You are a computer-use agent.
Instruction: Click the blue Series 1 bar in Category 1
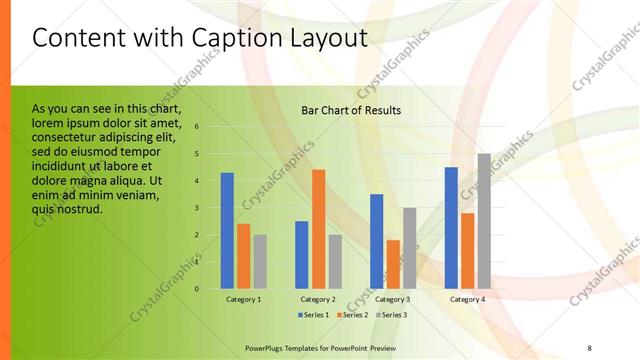pyautogui.click(x=227, y=231)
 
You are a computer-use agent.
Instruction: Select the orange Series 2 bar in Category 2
pyautogui.click(x=318, y=229)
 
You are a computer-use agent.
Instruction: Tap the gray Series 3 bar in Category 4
pyautogui.click(x=484, y=221)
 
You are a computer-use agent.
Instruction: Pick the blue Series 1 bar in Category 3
pyautogui.click(x=376, y=241)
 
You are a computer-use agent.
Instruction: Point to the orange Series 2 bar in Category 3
pyautogui.click(x=392, y=264)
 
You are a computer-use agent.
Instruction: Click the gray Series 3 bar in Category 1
pyautogui.click(x=260, y=261)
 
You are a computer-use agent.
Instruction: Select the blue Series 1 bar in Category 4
pyautogui.click(x=451, y=228)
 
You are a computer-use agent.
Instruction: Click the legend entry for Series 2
pyautogui.click(x=353, y=314)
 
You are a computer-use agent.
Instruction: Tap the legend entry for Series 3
pyautogui.click(x=389, y=314)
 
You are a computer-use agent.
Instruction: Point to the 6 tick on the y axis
pyautogui.click(x=198, y=127)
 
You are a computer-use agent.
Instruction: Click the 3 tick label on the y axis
pyautogui.click(x=198, y=208)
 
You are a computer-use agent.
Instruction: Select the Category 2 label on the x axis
pyautogui.click(x=318, y=299)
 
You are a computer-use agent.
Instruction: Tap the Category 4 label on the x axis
pyautogui.click(x=467, y=299)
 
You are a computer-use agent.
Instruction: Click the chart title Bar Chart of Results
pyautogui.click(x=351, y=110)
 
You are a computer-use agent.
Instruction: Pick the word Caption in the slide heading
pyautogui.click(x=222, y=38)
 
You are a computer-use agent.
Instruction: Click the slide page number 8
pyautogui.click(x=589, y=346)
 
